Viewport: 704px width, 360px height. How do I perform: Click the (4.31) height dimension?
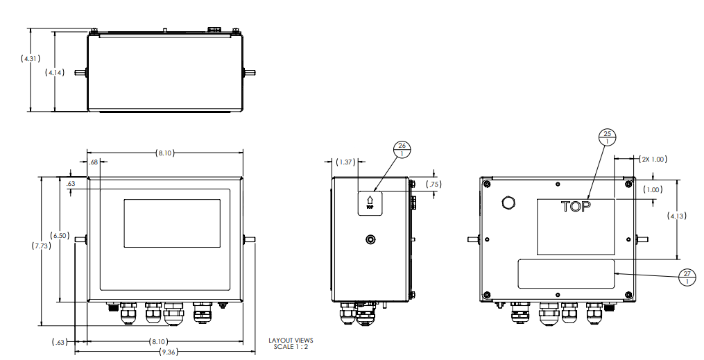point(30,59)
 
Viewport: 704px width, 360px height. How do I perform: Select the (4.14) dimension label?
point(55,72)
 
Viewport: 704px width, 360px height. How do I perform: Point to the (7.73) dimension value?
point(42,246)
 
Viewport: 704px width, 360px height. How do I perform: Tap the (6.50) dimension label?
point(60,236)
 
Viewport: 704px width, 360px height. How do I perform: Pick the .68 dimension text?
point(94,162)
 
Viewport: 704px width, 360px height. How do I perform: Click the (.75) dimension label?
point(434,185)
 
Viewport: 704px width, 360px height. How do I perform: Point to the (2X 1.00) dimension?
point(652,159)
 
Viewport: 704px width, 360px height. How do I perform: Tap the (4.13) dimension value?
point(677,216)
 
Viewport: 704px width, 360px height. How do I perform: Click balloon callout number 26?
point(402,150)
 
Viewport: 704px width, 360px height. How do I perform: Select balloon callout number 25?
point(607,137)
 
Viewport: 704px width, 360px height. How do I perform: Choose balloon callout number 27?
point(687,277)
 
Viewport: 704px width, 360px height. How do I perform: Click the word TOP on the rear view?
point(576,206)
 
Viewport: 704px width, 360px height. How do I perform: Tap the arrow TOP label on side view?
point(370,202)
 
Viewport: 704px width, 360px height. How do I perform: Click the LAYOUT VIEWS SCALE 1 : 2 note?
point(291,343)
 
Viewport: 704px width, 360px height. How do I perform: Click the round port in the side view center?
point(370,239)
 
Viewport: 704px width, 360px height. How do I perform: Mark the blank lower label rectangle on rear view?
point(566,274)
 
